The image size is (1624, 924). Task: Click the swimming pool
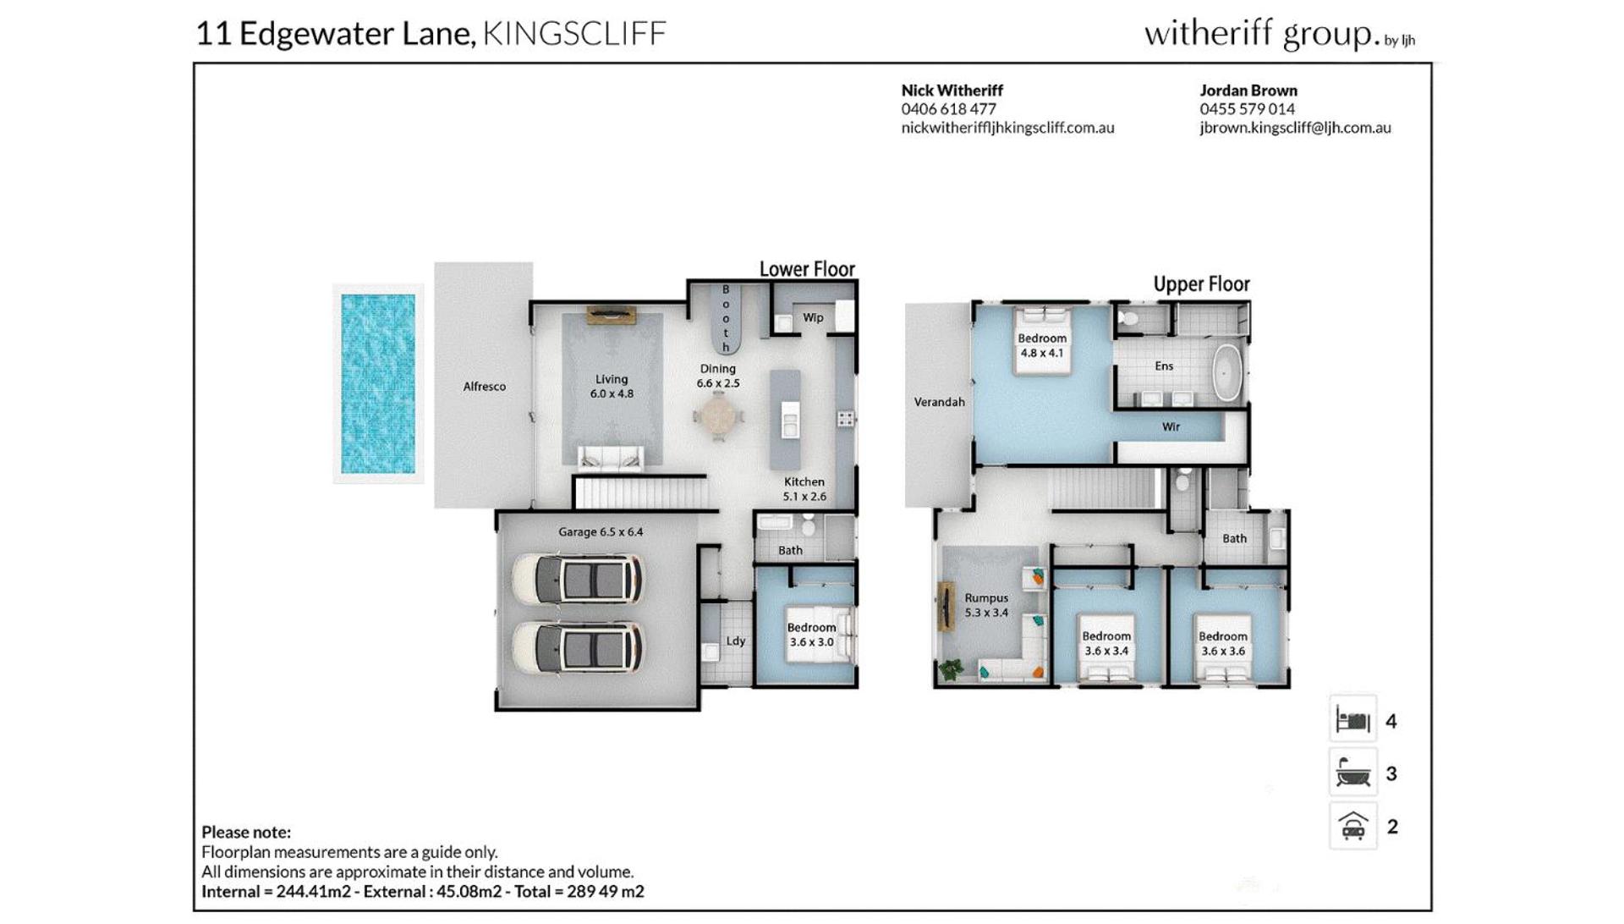pos(378,383)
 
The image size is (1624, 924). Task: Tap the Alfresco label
pos(485,387)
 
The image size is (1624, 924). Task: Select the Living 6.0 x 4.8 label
pos(612,387)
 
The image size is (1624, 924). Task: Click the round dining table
pos(718,416)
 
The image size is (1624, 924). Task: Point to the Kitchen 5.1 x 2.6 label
pos(804,489)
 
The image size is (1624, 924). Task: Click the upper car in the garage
pos(577,579)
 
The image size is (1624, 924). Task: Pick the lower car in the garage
pos(577,648)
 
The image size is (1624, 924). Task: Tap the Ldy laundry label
pos(736,641)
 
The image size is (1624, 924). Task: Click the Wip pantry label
pos(813,318)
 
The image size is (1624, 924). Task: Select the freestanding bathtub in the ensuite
pos(1226,372)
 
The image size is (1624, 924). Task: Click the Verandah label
pos(940,402)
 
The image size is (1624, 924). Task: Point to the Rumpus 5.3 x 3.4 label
pos(986,605)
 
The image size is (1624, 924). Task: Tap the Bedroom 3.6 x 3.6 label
pos(1222,644)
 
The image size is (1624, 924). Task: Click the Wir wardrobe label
pos(1171,426)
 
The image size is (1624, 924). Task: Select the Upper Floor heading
pos(1201,284)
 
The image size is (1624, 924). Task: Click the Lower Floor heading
pos(807,269)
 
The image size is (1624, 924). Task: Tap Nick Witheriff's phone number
pos(948,109)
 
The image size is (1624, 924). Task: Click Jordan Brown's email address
pos(1295,128)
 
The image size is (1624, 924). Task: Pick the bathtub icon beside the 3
pos(1353,773)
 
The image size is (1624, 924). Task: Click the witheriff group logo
pos(1279,34)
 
